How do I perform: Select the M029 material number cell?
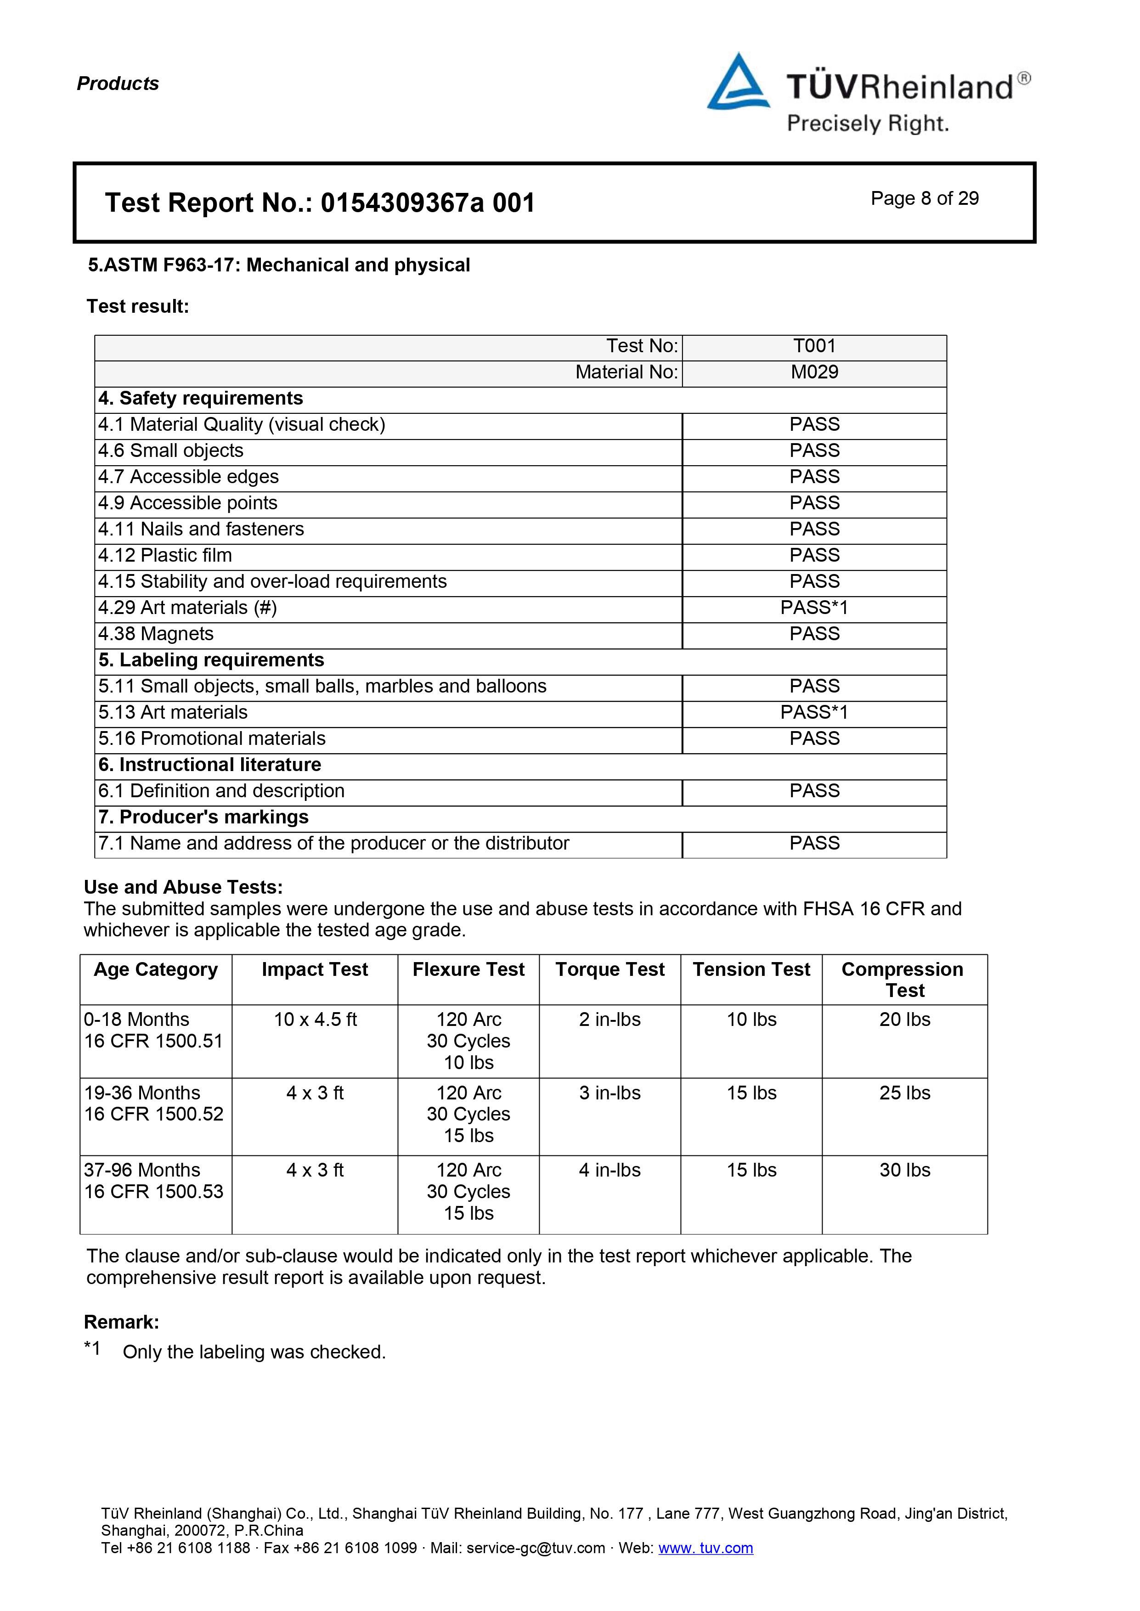coord(814,372)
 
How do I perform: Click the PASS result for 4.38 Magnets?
coord(814,634)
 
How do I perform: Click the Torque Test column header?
coord(610,970)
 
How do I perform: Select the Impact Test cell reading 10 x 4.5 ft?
coord(315,1020)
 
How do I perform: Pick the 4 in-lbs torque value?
coord(610,1170)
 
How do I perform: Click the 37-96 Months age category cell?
coord(142,1170)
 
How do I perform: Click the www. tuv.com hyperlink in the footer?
coord(705,1548)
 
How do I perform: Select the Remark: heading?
coord(121,1323)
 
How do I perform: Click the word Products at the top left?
coord(118,84)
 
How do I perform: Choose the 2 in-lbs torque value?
coord(610,1020)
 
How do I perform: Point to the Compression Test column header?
coord(904,980)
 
